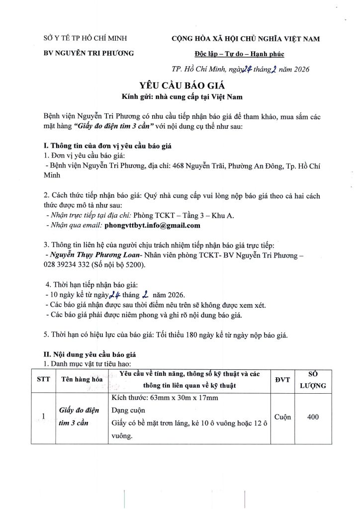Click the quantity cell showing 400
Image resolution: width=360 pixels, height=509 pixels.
(313, 417)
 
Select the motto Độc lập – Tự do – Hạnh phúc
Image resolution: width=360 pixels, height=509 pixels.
(246, 53)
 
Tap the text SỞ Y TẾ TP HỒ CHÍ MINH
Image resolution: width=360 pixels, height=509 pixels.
(85, 38)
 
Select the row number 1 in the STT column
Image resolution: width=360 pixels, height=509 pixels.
(44, 417)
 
